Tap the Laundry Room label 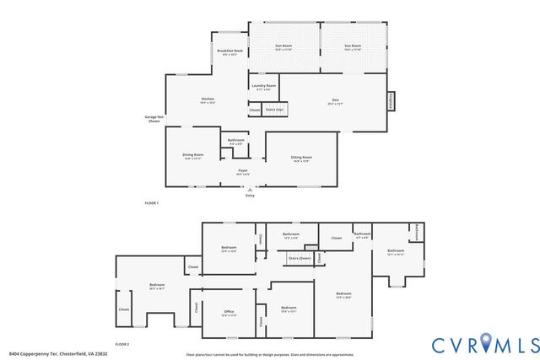pyautogui.click(x=264, y=86)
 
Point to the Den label pyautogui.click(x=335, y=102)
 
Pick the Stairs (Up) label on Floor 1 pyautogui.click(x=274, y=110)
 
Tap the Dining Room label pyautogui.click(x=193, y=156)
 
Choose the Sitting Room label pyautogui.click(x=302, y=158)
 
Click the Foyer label pyautogui.click(x=242, y=171)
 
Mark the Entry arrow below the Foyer pyautogui.click(x=250, y=192)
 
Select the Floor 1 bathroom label pyautogui.click(x=236, y=141)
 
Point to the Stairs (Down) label pyautogui.click(x=300, y=258)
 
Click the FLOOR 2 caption pyautogui.click(x=122, y=344)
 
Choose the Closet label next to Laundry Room pyautogui.click(x=254, y=110)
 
